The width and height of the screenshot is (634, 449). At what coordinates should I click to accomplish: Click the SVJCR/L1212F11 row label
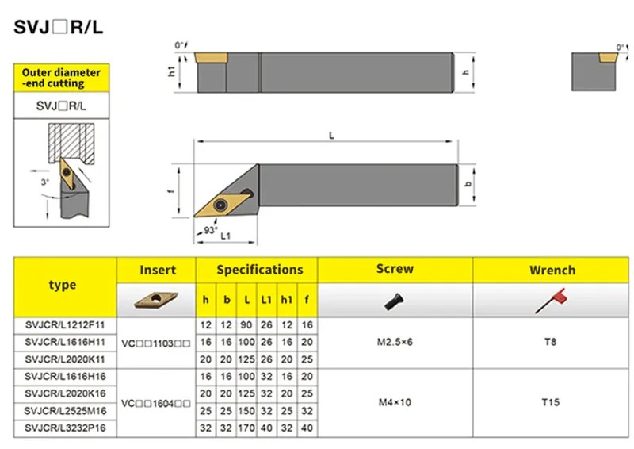point(65,325)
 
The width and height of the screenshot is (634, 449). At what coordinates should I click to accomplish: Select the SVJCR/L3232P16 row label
point(65,428)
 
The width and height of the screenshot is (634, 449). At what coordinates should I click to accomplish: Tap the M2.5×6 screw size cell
point(395,342)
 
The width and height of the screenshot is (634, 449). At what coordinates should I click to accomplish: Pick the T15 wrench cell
point(550,402)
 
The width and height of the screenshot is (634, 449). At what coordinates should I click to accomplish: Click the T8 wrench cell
point(550,342)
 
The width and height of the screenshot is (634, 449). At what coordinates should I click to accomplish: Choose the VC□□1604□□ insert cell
point(155,404)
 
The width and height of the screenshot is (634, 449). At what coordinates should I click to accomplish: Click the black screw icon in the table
point(394,302)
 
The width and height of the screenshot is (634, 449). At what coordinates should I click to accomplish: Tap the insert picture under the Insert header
point(156,300)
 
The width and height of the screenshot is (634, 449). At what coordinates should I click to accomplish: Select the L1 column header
point(266,300)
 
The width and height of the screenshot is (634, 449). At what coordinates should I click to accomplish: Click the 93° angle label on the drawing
point(211,230)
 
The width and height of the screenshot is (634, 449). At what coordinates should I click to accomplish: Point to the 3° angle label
point(44,182)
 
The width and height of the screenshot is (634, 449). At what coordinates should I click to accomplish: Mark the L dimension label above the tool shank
point(331,136)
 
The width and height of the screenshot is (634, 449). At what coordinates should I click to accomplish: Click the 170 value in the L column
point(246,428)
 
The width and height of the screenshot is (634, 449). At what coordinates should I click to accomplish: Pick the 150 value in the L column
point(246,411)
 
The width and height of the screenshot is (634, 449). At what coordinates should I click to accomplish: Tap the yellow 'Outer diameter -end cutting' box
point(62,78)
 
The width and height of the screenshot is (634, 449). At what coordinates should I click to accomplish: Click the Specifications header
point(260,270)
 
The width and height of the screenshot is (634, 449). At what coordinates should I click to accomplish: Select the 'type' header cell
point(63,285)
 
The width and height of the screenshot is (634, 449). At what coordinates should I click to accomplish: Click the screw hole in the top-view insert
point(220,205)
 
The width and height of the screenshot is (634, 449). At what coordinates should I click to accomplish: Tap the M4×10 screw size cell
point(395,402)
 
